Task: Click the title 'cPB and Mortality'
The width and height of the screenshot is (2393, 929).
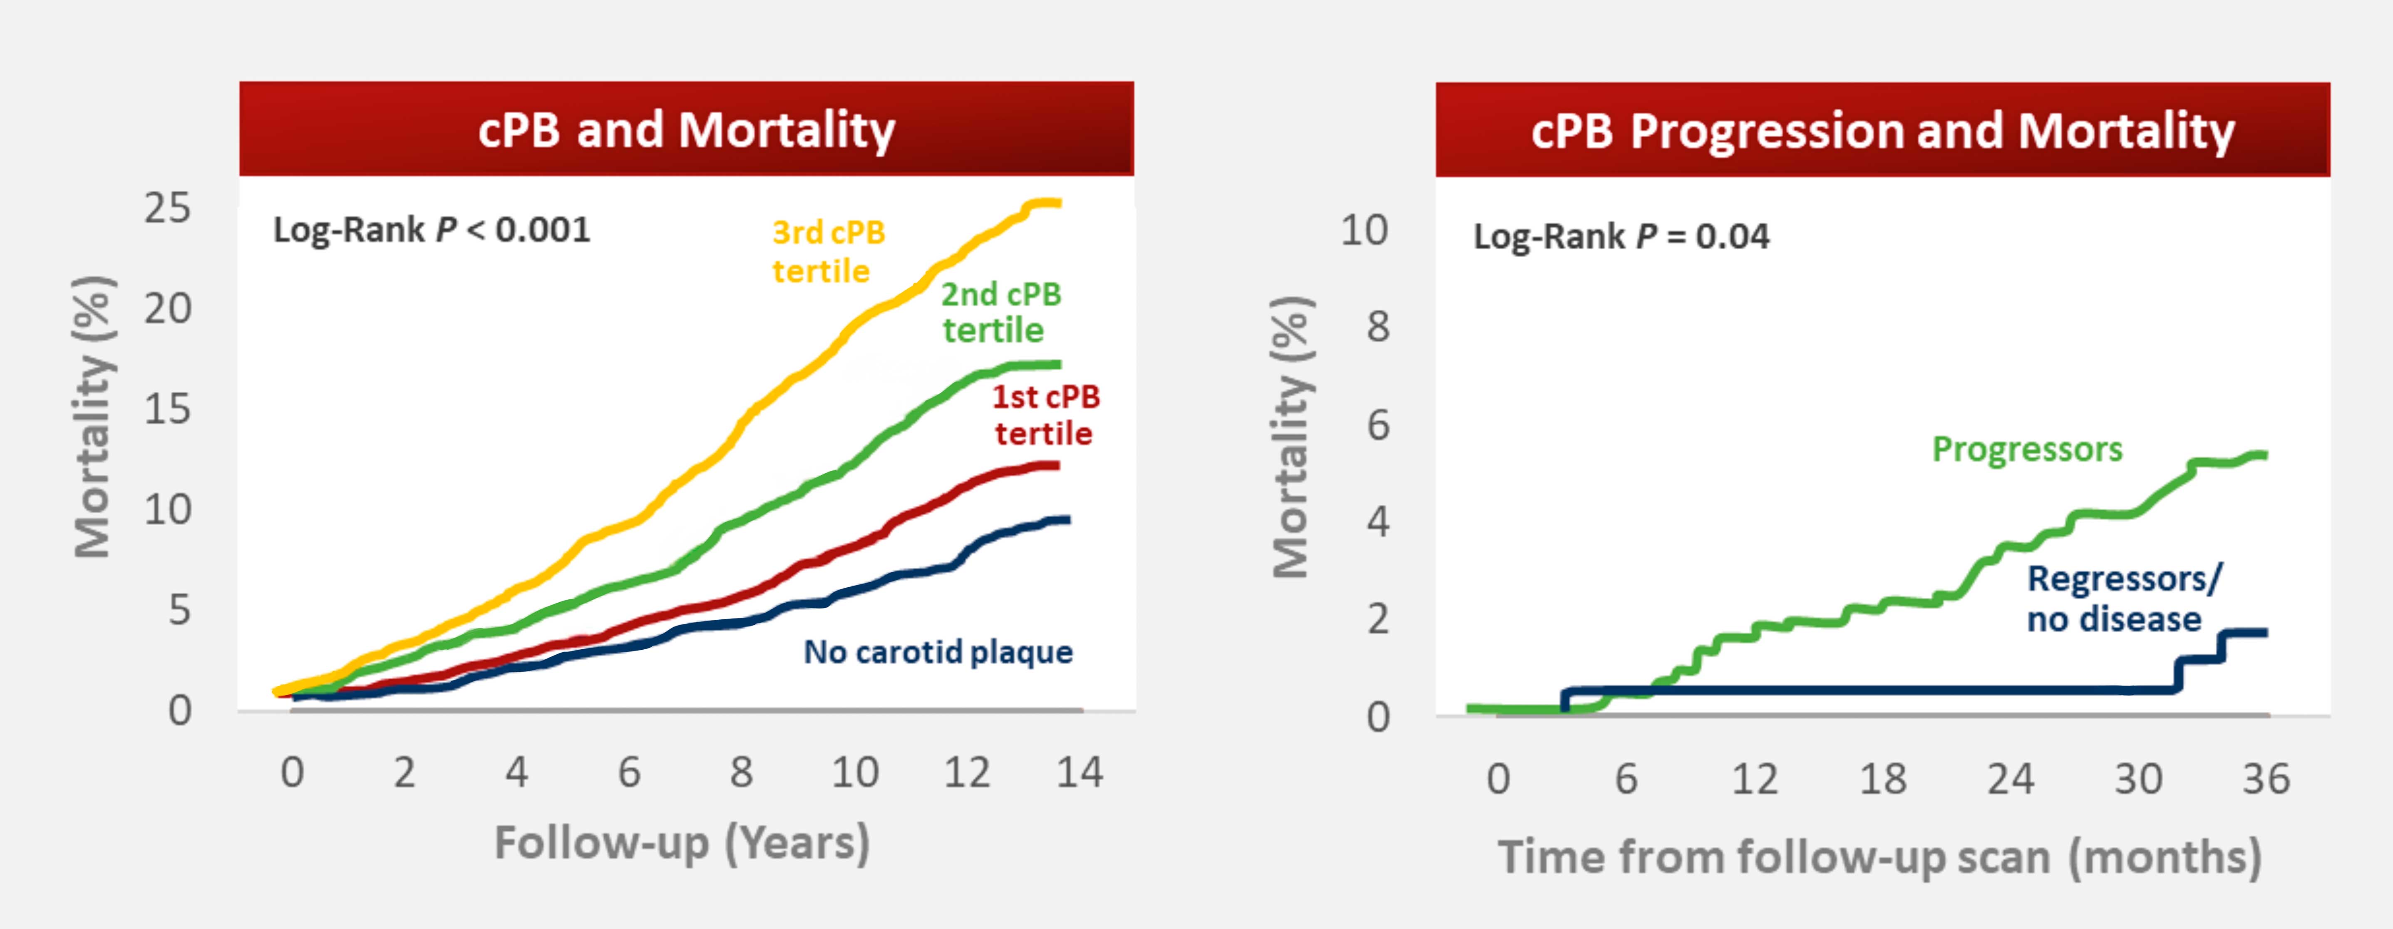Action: coord(687,130)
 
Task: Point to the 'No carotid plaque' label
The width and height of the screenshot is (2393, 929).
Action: coord(937,652)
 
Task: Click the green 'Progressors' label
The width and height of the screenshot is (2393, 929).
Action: coord(2027,450)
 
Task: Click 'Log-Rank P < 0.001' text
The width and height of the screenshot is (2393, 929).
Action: coord(431,229)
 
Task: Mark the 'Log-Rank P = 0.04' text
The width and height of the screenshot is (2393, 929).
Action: coord(1621,236)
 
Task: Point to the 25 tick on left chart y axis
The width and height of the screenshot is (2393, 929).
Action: coord(167,208)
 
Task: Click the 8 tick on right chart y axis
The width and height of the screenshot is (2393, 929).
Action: coord(1378,327)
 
